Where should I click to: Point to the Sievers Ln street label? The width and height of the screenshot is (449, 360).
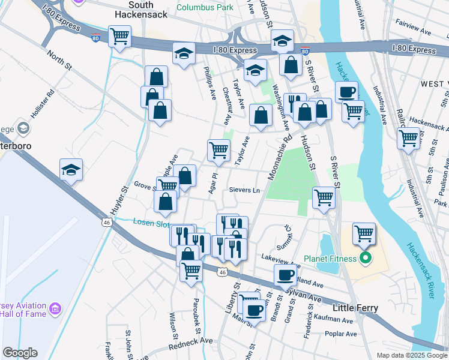pos(245,190)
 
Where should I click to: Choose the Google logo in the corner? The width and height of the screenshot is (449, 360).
pos(20,353)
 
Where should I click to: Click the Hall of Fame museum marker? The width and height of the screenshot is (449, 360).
pos(55,309)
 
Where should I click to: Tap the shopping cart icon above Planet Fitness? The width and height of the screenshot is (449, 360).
pos(364,233)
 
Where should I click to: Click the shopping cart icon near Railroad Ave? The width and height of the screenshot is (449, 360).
pos(408,137)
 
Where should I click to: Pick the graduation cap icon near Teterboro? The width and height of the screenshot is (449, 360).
pos(71,170)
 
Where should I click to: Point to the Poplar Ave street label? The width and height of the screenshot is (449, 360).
pos(340,334)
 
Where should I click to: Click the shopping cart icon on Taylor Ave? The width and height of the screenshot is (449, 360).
pos(218,149)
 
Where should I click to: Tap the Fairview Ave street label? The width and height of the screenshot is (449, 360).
pos(414,29)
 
